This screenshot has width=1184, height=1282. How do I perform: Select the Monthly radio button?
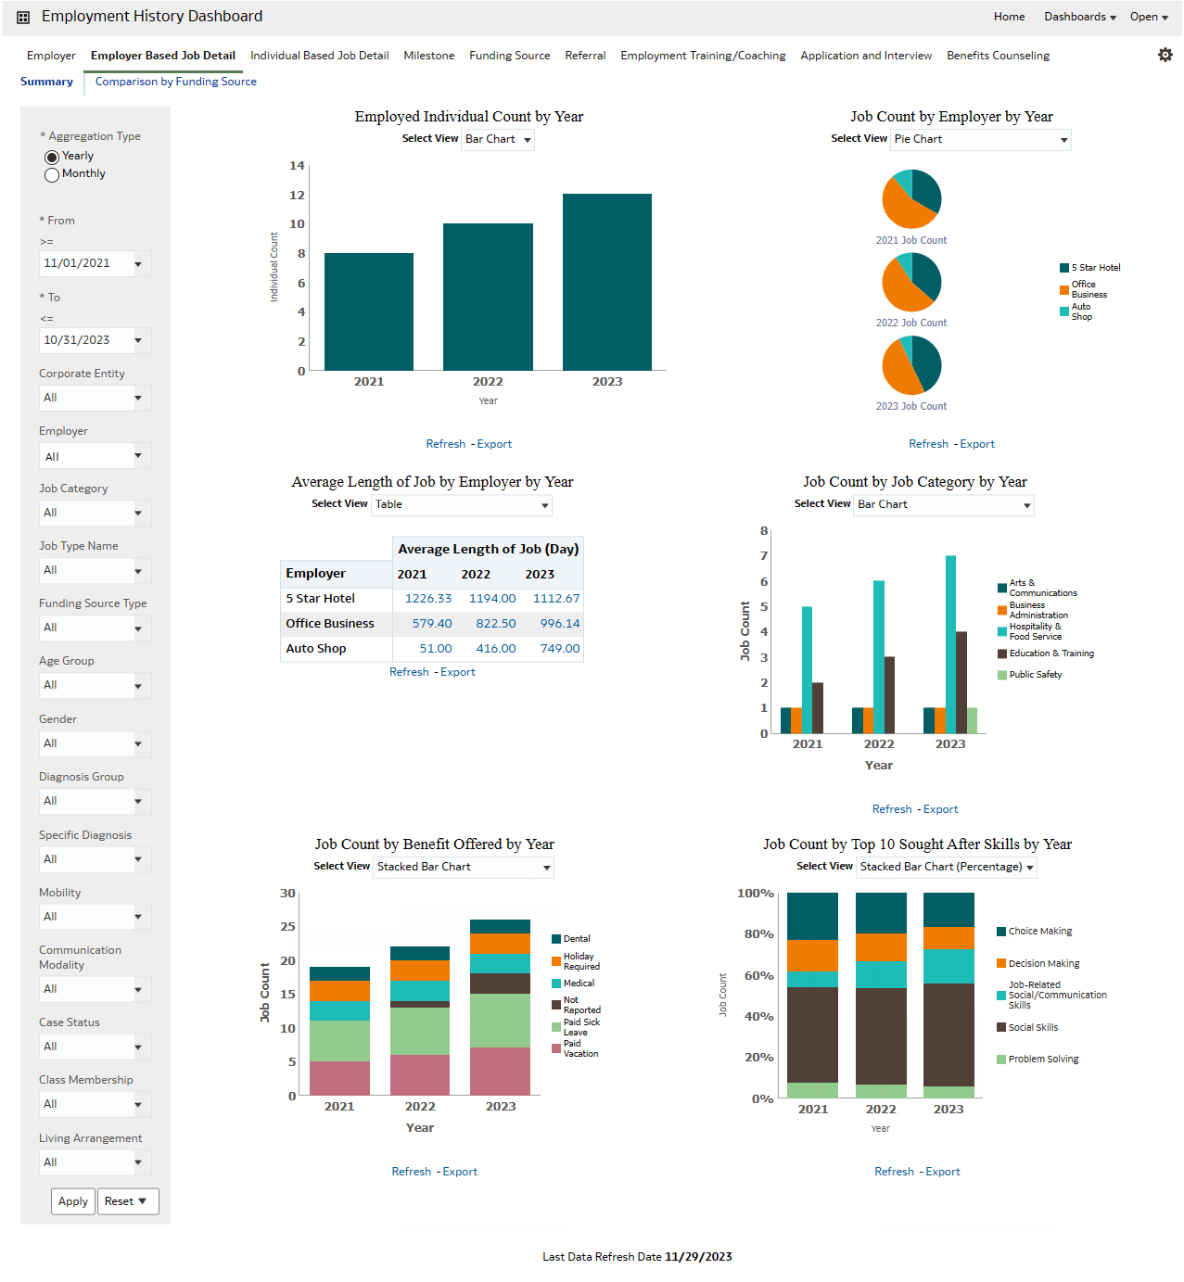53,174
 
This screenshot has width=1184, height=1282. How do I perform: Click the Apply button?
73,1201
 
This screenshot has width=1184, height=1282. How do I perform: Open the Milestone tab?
428,56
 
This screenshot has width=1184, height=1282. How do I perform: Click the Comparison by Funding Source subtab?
175,82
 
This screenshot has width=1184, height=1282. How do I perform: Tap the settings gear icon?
1165,55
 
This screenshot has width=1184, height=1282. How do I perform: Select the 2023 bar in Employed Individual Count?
606,282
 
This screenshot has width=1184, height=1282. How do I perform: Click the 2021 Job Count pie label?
910,240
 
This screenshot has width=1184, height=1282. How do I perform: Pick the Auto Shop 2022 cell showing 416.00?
496,649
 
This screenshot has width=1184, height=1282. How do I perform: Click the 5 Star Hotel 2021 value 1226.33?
428,599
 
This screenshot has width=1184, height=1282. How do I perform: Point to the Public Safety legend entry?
1035,675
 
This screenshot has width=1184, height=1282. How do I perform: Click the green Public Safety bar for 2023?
972,720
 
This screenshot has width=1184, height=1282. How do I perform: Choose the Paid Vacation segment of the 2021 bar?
339,1078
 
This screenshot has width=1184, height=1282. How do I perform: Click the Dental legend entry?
576,939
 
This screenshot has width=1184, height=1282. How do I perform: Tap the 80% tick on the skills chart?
758,934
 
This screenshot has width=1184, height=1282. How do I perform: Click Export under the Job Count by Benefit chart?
460,1172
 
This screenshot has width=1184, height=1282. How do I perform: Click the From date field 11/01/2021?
86,263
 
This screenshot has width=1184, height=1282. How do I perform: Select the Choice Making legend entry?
1039,932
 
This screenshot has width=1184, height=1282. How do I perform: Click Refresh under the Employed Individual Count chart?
445,444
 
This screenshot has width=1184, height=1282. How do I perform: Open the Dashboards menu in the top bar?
1079,17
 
